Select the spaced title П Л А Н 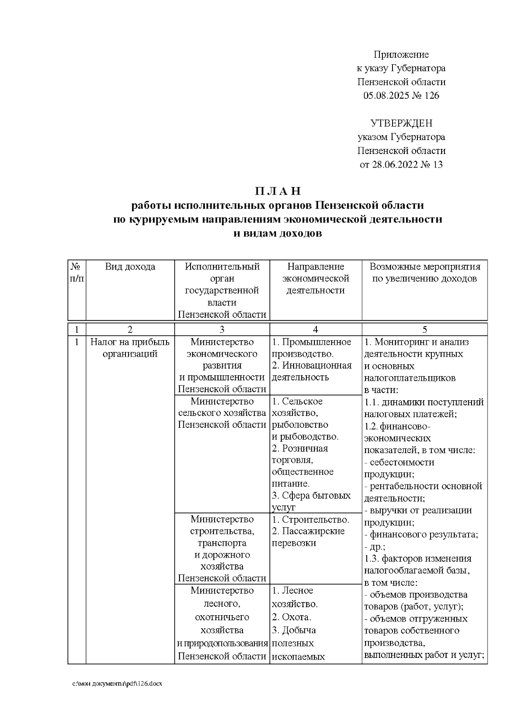pos(278,191)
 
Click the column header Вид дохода pos(130,267)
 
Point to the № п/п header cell pos(76,273)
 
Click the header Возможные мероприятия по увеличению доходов pos(425,273)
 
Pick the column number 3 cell pos(222,330)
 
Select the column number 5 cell pos(425,330)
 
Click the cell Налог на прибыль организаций pos(130,348)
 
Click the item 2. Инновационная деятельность pos(312,371)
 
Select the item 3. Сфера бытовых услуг pos(311,501)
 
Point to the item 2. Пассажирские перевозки pos(308,537)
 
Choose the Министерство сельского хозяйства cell pos(222,413)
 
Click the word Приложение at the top pos(401,55)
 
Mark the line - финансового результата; pos(421,534)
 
